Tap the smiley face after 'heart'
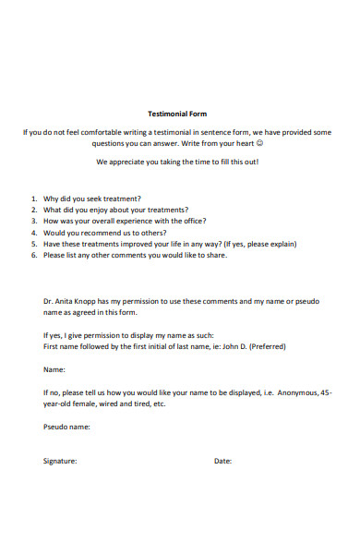click(x=259, y=144)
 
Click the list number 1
click(x=34, y=199)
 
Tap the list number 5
click(x=34, y=245)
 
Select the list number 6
click(x=34, y=256)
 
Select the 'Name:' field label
click(x=54, y=369)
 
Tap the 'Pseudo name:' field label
click(x=66, y=427)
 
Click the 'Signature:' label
click(x=60, y=461)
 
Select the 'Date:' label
click(x=222, y=461)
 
